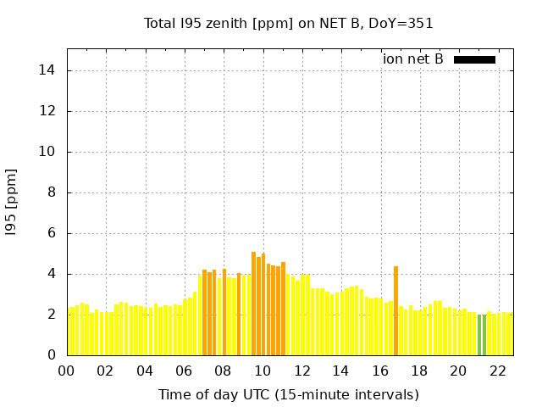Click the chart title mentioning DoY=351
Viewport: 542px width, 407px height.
click(x=289, y=24)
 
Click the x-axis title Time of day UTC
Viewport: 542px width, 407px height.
click(x=289, y=394)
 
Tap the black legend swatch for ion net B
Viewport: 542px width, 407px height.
click(x=474, y=59)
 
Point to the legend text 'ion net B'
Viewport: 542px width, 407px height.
click(x=413, y=59)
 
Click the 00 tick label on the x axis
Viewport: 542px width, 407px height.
click(x=67, y=371)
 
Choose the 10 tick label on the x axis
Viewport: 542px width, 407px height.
click(x=263, y=371)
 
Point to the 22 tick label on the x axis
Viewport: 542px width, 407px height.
click(x=497, y=371)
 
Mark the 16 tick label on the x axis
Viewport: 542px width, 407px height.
click(x=380, y=371)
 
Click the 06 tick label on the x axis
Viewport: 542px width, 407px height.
click(x=185, y=371)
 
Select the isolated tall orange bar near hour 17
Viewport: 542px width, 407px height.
click(x=395, y=310)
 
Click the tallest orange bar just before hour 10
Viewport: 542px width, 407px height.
click(x=253, y=303)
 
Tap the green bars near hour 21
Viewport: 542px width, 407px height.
click(x=482, y=335)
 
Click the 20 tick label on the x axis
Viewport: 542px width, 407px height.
click(x=458, y=371)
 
